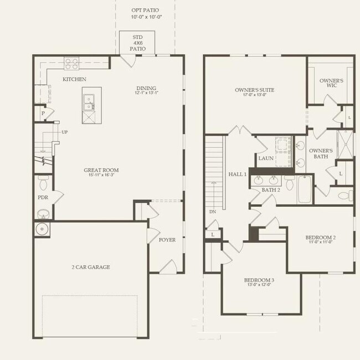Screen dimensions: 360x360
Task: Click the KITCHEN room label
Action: (74, 80)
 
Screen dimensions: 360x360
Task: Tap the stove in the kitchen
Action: (72, 63)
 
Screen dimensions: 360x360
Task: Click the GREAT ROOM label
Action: (101, 171)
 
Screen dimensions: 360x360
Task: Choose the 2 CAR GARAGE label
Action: (91, 267)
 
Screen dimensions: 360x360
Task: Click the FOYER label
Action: (167, 240)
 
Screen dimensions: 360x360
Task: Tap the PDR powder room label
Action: (42, 197)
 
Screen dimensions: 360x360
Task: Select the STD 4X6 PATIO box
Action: (138, 42)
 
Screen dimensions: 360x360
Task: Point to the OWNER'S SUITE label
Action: (254, 90)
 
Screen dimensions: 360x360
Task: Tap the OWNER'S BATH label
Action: (321, 153)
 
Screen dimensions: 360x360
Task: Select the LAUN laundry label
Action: (266, 158)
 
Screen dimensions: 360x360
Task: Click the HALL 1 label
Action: (237, 174)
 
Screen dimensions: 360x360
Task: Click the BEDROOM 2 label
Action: (321, 238)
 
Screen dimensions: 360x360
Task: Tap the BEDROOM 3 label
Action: (259, 280)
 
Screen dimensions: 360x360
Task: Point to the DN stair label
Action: (213, 212)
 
